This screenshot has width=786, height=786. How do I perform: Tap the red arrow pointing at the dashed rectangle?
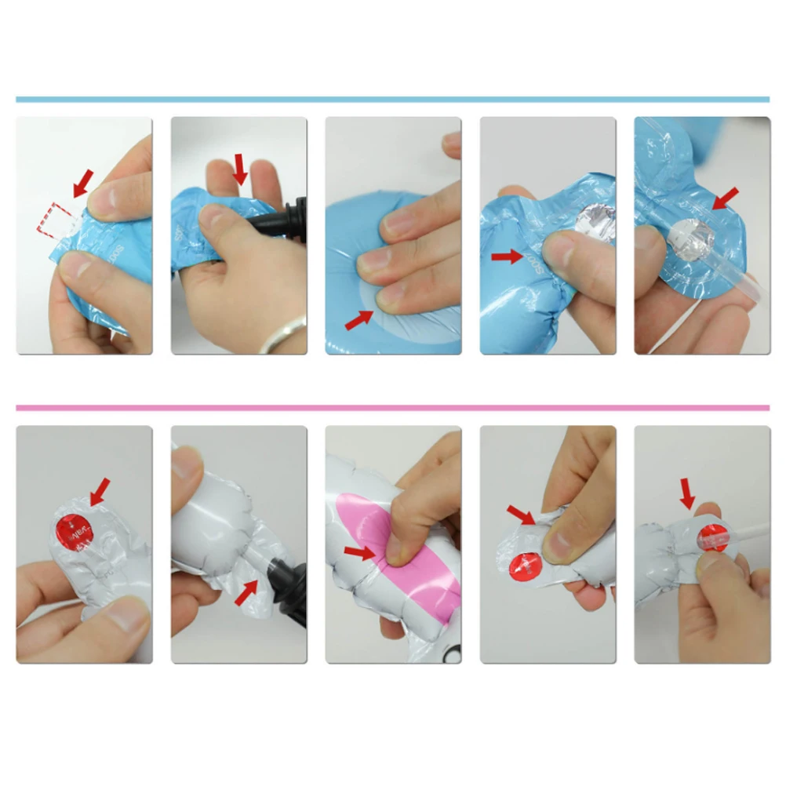tap(81, 183)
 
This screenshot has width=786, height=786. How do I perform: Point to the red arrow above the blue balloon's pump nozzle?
tap(240, 167)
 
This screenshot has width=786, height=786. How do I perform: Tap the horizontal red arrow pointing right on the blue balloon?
tap(507, 256)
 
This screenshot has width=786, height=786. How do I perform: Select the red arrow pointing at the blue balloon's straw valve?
tap(726, 198)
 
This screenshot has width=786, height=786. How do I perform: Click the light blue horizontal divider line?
tap(392, 100)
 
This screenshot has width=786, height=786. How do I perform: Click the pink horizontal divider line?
tap(392, 408)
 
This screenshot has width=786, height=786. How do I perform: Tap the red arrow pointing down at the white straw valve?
tap(687, 492)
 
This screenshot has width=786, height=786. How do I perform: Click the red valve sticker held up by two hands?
tap(70, 526)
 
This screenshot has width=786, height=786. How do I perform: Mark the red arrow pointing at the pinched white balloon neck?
tap(520, 515)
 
